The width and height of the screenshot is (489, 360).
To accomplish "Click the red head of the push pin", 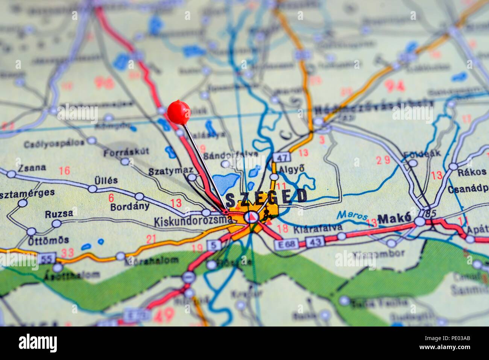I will tap(179, 112).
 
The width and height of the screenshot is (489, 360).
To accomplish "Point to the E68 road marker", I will tap(286, 245).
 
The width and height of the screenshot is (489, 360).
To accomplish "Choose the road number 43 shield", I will tap(314, 242).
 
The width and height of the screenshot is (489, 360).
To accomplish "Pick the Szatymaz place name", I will tap(170, 171).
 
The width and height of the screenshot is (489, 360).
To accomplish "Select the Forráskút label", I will tap(126, 152).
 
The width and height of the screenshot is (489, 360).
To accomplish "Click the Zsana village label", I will tap(32, 168).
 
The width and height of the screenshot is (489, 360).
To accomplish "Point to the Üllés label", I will tap(106, 180).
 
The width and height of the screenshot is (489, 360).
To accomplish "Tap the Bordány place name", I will tap(130, 207).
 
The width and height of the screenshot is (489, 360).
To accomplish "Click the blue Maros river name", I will tap(352, 215).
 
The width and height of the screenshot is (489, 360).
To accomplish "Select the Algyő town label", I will tap(291, 169).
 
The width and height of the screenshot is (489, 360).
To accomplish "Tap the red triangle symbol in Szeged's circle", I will tap(251, 217).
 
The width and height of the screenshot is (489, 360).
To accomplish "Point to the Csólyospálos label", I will tap(54, 143).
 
